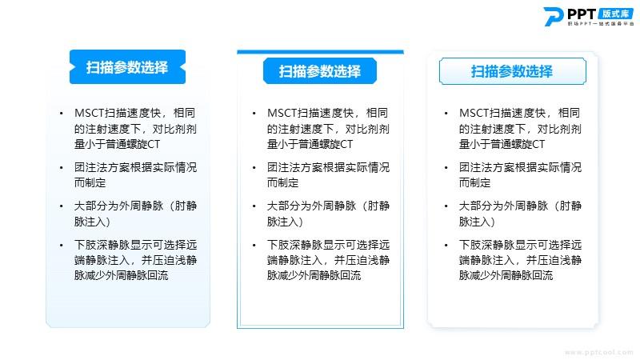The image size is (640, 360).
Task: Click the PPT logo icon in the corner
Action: tap(554, 17)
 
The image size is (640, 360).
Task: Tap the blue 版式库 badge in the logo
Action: tap(616, 14)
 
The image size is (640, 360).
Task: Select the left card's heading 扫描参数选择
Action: tap(127, 67)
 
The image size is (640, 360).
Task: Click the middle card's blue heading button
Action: tap(320, 71)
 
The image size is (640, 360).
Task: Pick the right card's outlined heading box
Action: tap(512, 71)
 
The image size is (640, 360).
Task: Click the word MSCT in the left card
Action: tap(90, 113)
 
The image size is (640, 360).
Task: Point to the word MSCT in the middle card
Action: tap(282, 113)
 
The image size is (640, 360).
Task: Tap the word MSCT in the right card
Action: tap(474, 113)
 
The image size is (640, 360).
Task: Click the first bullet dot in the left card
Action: tap(62, 113)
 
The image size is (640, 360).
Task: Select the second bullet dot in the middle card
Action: tap(254, 167)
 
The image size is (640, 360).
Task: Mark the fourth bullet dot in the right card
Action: tap(446, 245)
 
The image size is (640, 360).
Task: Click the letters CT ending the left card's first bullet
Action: tap(154, 144)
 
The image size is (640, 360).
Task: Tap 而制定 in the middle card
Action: tap(283, 182)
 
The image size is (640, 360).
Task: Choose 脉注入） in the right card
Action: tap(477, 222)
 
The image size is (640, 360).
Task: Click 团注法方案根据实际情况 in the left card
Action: tap(135, 167)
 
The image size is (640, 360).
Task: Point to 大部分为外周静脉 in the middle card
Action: tap(311, 206)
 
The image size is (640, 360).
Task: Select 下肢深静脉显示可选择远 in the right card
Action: tap(521, 245)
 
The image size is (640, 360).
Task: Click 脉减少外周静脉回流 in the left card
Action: tap(122, 275)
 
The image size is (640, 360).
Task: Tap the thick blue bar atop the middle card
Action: tap(321, 52)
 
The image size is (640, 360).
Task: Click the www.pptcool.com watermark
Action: tap(598, 352)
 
